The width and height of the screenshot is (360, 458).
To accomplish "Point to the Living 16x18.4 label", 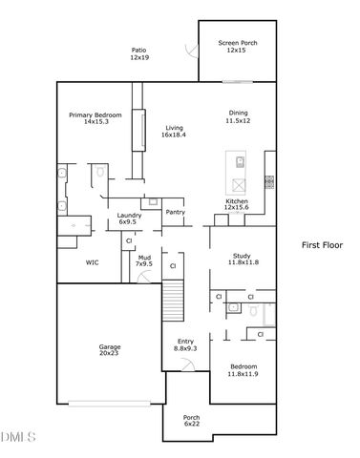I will (173, 132).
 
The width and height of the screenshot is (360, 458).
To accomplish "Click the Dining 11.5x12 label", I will (237, 116).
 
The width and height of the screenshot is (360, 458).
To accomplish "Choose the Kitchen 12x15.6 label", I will (237, 205).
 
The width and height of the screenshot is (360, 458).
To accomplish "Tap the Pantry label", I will (175, 212).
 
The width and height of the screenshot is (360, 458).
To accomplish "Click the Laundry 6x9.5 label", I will (130, 219).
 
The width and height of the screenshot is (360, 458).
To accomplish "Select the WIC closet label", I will (93, 261).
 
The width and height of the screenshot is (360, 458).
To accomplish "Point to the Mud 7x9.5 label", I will (144, 260).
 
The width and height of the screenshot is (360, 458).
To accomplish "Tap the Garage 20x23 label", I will (110, 350).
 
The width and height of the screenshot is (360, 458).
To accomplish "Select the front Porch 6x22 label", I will (193, 421).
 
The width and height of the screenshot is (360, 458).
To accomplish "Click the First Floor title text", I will (322, 244).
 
